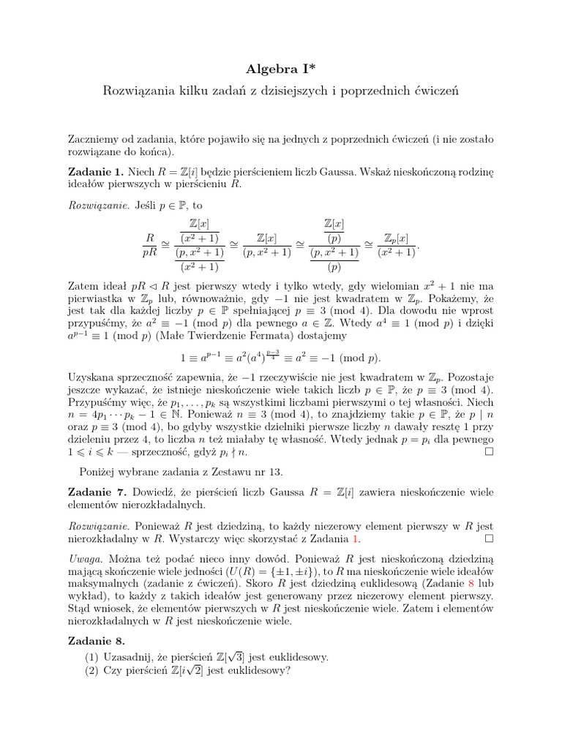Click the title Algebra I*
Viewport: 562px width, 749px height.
click(x=280, y=69)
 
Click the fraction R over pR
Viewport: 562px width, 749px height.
click(x=149, y=245)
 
